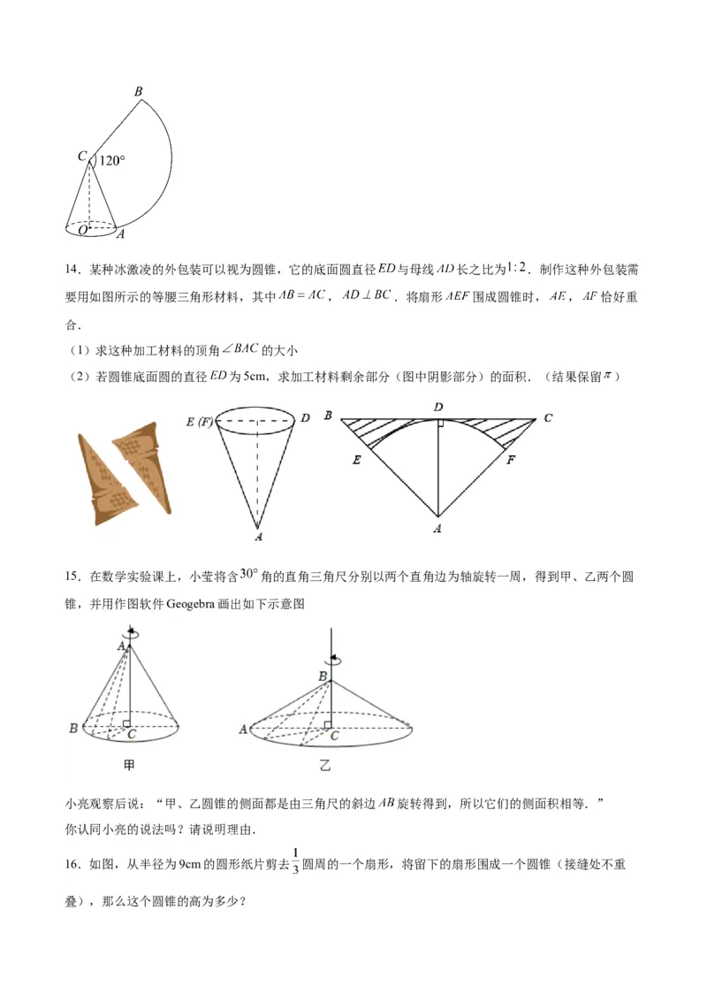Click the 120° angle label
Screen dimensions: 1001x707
[112, 161]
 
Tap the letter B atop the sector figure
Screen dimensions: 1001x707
[139, 91]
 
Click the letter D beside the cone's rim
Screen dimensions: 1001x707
[305, 417]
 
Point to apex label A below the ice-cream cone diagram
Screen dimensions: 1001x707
[258, 536]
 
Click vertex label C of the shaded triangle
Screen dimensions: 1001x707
[548, 417]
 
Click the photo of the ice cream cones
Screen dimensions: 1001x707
[125, 473]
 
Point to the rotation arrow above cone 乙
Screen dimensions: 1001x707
[333, 659]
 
